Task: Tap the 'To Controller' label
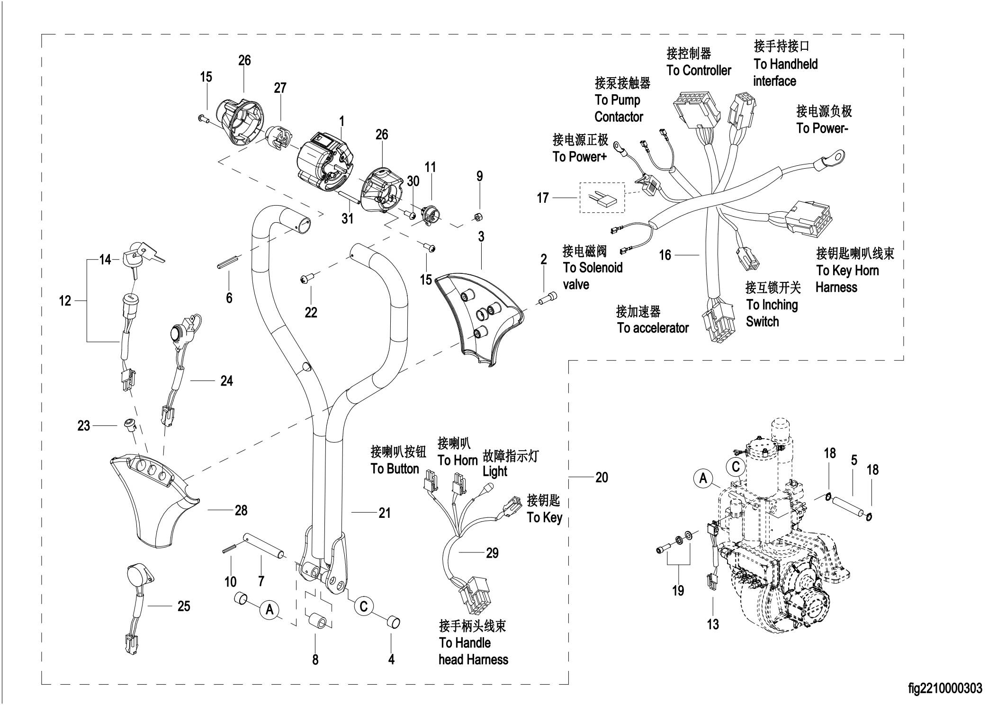pos(699,71)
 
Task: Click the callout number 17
pos(543,198)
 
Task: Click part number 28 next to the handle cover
pos(241,510)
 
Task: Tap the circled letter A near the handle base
pos(269,609)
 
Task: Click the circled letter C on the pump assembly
pos(736,467)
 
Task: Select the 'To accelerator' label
pos(653,328)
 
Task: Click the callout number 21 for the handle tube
pos(385,513)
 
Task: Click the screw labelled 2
pos(548,298)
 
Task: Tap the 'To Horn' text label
pos(457,461)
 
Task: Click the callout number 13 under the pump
pos(713,624)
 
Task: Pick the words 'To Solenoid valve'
pos(593,276)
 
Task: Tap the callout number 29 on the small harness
pos(492,553)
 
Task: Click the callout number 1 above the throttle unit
pos(341,121)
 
